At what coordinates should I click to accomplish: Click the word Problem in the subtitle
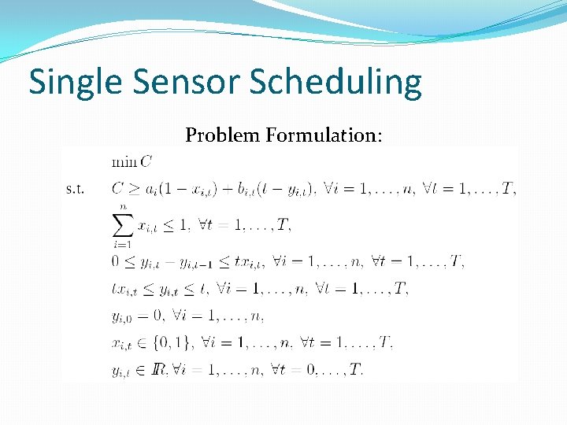click(223, 135)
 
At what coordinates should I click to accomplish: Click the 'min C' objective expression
click(132, 162)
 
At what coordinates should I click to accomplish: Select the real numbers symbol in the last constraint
click(160, 369)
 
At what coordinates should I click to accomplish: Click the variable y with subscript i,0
click(122, 316)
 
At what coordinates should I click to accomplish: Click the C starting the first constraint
click(118, 189)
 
